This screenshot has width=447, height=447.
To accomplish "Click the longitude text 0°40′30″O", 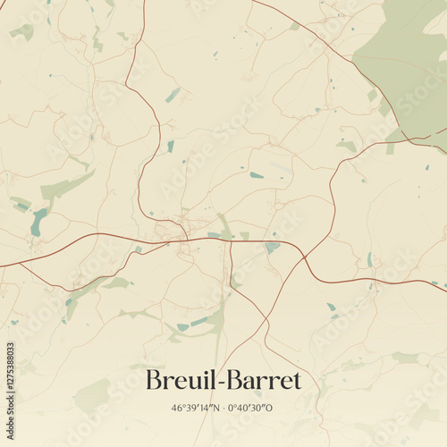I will coord(252,408).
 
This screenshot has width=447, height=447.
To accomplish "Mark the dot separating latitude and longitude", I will coord(224,408).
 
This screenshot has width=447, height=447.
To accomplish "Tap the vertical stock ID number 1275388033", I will coord(10,372).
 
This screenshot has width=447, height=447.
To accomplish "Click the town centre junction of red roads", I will coord(186,239).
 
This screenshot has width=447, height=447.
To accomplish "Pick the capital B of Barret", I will coord(235,380).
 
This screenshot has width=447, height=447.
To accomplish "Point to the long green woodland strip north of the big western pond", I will coord(66,187).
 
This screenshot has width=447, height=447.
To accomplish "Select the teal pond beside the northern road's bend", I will coord(171,146).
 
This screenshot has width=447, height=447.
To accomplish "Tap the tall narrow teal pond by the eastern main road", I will coord(369,259).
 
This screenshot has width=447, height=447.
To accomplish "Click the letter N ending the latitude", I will coord(217,408).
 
